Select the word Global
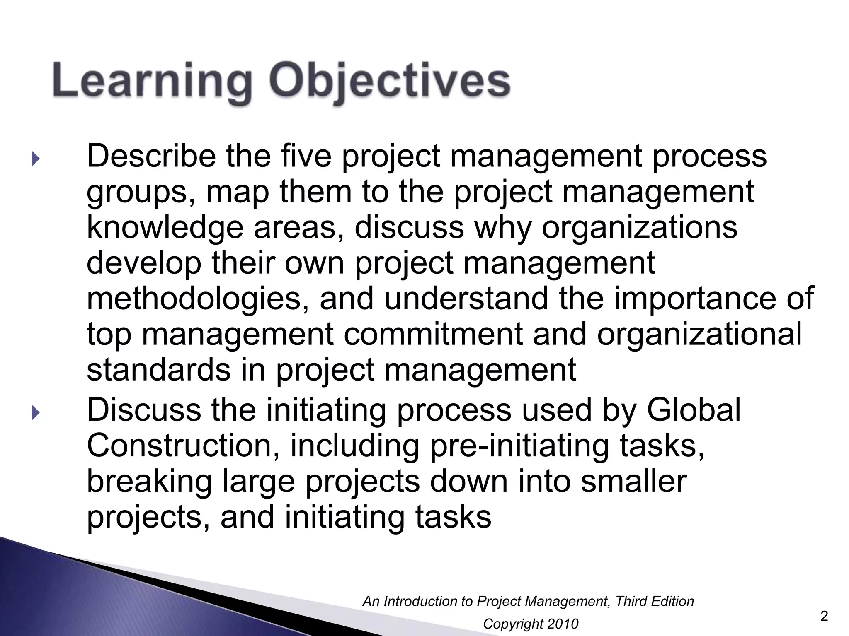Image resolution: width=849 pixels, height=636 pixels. [694, 410]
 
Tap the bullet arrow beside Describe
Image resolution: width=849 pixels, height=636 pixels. [35, 159]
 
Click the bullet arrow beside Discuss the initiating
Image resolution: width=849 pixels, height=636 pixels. [35, 412]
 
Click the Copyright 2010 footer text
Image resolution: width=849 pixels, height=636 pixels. [531, 624]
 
